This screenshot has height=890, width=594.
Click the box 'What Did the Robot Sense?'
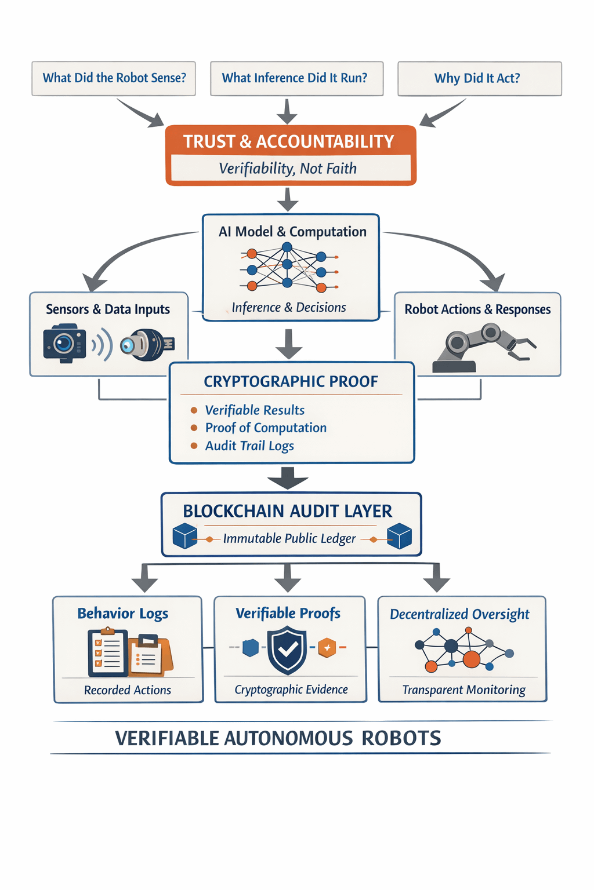tap(114, 78)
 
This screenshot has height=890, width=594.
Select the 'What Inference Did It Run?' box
tap(296, 78)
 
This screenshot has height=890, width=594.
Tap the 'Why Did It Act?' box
tap(479, 78)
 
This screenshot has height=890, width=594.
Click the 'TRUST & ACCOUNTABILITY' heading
tap(289, 141)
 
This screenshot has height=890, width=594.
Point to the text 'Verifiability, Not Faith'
tap(288, 169)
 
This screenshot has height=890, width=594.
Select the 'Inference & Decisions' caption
tap(289, 307)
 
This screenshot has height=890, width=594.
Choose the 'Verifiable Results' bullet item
tap(255, 410)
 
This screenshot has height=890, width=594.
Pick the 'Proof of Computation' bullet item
tap(266, 428)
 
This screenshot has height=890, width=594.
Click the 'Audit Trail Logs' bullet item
tap(249, 446)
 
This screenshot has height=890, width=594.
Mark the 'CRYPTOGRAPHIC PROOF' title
tap(291, 381)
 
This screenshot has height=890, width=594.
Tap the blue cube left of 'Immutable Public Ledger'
tap(185, 536)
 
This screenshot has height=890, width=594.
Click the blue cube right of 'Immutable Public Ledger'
tap(399, 536)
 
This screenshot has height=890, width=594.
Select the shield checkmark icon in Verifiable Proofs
tap(287, 651)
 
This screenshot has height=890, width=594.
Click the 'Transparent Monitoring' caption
tap(463, 690)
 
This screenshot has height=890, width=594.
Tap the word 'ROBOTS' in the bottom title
tap(401, 738)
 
